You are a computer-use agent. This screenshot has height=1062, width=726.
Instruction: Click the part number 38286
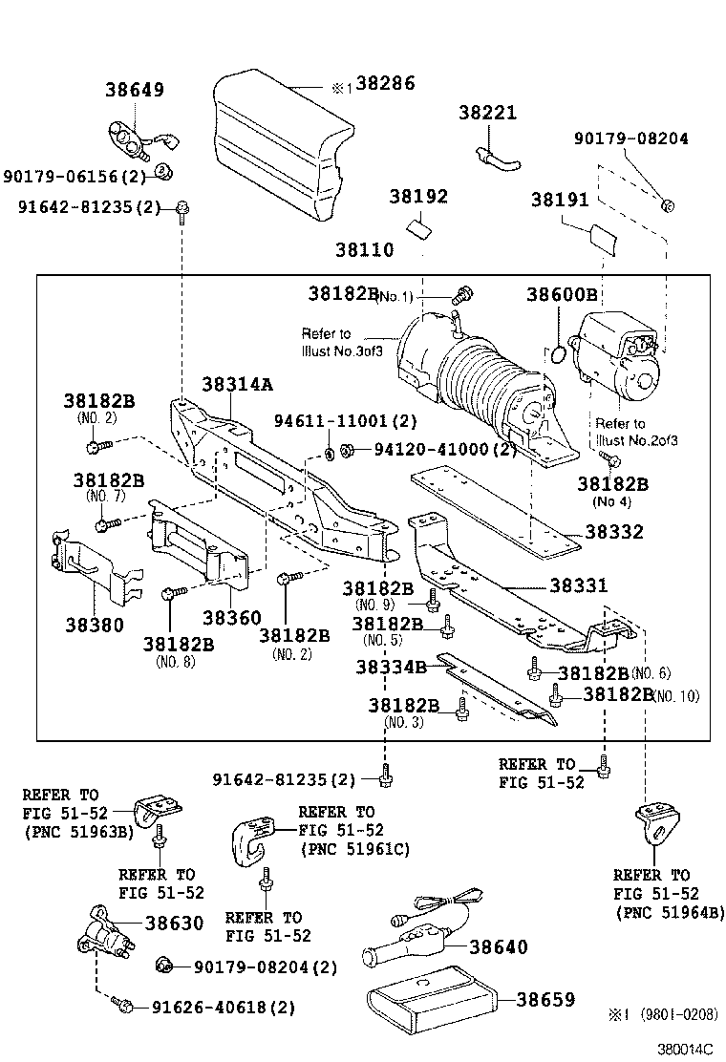point(386,84)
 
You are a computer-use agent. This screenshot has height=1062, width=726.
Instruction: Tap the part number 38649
point(135,91)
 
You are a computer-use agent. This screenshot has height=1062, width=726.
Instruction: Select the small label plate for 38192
point(418,229)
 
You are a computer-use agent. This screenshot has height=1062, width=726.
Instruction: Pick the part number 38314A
point(237,384)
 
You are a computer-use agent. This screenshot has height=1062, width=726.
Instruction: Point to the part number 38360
point(231,618)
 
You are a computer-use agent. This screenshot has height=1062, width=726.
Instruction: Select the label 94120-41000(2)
point(431,449)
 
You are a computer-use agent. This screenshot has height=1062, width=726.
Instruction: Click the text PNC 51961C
point(354,849)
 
